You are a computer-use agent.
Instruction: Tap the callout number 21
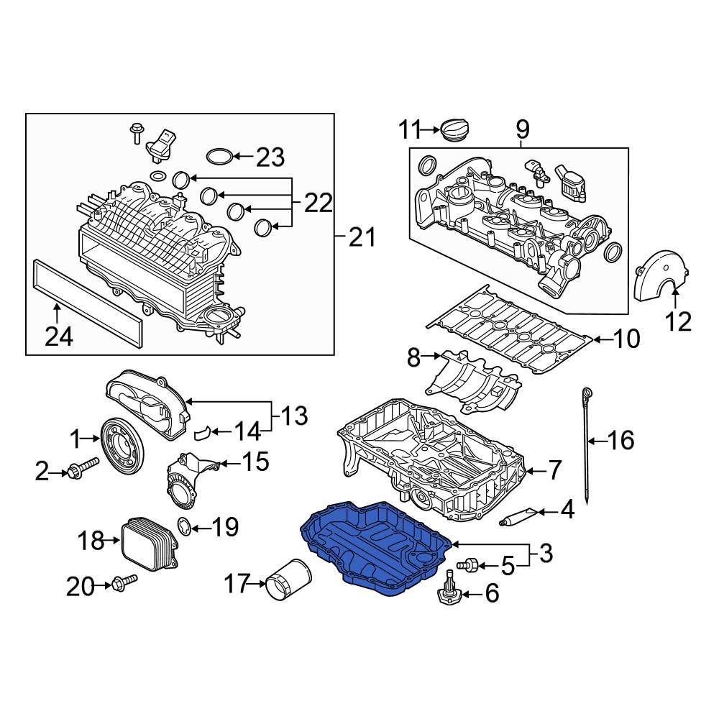[x=362, y=237]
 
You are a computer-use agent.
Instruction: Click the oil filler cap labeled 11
[x=455, y=131]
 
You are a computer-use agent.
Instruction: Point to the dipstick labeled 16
[x=588, y=446]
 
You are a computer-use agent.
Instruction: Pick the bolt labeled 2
[x=83, y=472]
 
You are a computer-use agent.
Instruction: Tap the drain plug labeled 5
[x=470, y=566]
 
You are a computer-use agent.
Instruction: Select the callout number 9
[x=521, y=129]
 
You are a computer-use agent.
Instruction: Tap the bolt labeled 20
[x=122, y=584]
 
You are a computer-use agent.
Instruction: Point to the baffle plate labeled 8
[x=475, y=385]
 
